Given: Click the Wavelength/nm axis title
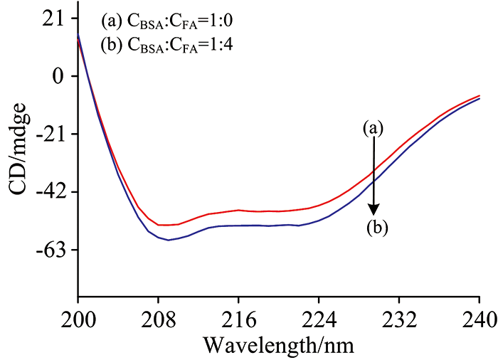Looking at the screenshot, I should tap(277, 346).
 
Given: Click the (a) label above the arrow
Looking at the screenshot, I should tap(373, 128).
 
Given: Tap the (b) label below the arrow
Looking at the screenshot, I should tap(377, 228).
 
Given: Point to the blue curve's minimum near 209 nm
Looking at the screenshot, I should tap(169, 240).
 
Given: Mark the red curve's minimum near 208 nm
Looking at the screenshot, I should tap(161, 225).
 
